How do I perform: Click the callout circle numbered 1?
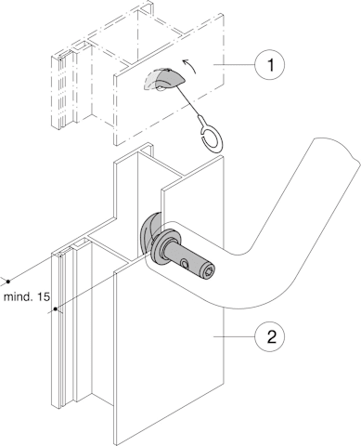point(270,65)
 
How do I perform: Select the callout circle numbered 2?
point(270,336)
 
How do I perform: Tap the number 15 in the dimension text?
point(44,296)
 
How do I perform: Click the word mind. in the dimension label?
point(19,296)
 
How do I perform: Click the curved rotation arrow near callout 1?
point(189,66)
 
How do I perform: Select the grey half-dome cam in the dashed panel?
point(164,79)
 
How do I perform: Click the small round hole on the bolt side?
point(185,264)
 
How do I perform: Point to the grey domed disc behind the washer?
point(148,235)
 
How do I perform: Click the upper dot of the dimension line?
point(8,282)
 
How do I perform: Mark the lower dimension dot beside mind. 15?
point(56,309)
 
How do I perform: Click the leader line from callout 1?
point(235,65)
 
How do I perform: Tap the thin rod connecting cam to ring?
point(189,102)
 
